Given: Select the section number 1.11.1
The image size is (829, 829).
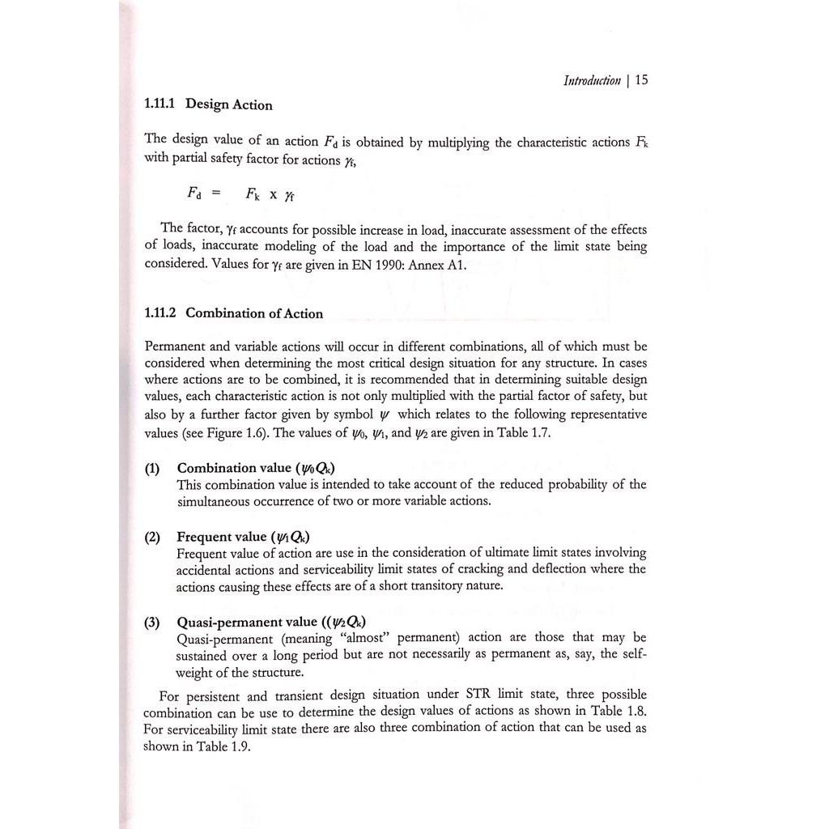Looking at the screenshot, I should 160,104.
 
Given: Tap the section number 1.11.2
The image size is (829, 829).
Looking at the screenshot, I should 160,313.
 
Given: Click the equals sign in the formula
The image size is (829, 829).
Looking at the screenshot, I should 215,193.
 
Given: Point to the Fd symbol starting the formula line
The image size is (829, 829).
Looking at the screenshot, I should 193,193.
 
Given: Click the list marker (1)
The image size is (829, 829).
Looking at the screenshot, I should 152,468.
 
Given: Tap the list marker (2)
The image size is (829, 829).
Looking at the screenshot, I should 152,537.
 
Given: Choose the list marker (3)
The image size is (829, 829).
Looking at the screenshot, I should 152,622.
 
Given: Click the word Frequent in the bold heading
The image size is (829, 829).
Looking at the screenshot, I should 203,537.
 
